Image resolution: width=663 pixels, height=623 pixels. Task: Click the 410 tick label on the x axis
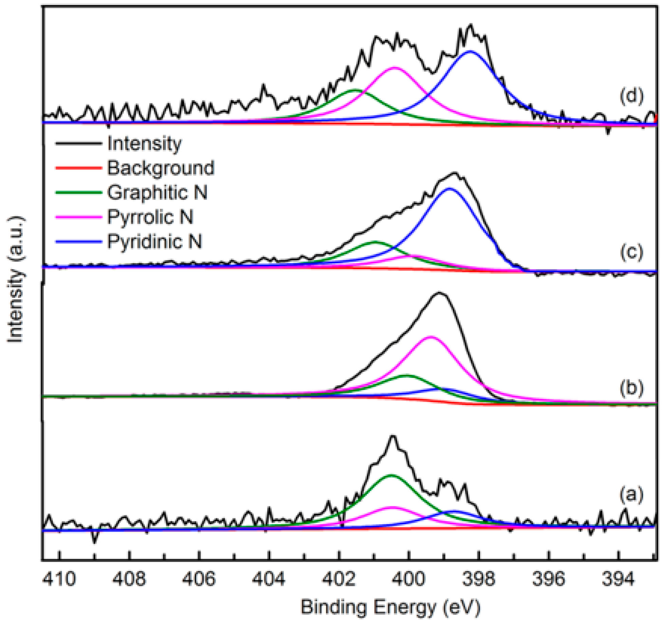(x=59, y=579)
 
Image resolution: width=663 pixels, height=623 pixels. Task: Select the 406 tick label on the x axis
(x=199, y=579)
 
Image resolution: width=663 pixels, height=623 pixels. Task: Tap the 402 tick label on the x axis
(x=339, y=579)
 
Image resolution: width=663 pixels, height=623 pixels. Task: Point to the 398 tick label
(x=479, y=579)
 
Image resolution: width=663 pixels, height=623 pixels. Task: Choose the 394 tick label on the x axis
(x=618, y=579)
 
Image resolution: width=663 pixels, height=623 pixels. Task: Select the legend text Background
(x=161, y=168)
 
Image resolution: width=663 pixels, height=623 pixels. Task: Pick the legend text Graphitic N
(x=157, y=192)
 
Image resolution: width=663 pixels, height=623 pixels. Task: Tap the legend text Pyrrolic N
(x=150, y=217)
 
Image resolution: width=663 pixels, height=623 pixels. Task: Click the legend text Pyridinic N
(x=154, y=241)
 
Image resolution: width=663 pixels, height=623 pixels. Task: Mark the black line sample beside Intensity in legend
(x=79, y=143)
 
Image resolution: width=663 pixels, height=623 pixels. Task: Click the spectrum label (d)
(x=631, y=96)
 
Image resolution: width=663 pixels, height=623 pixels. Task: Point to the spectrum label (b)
(x=631, y=388)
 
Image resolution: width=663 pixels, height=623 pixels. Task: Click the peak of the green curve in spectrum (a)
(x=391, y=475)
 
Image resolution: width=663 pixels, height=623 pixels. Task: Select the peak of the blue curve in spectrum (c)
(x=450, y=188)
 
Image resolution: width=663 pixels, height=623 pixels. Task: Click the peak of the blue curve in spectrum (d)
(x=470, y=51)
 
